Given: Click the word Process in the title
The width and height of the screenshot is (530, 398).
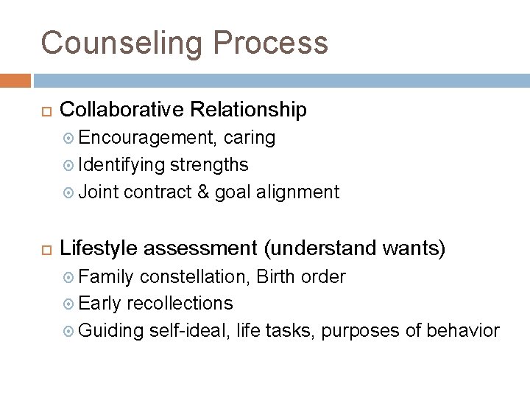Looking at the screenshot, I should [269, 43].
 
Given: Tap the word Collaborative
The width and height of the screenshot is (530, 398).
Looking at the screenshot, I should [121, 110].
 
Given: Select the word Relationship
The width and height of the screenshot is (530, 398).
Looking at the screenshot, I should [248, 110].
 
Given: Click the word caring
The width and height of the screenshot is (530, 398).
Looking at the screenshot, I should [250, 138].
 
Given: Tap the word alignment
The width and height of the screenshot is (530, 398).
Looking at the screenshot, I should [297, 193].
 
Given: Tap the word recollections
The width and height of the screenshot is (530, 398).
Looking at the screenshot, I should [180, 304].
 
